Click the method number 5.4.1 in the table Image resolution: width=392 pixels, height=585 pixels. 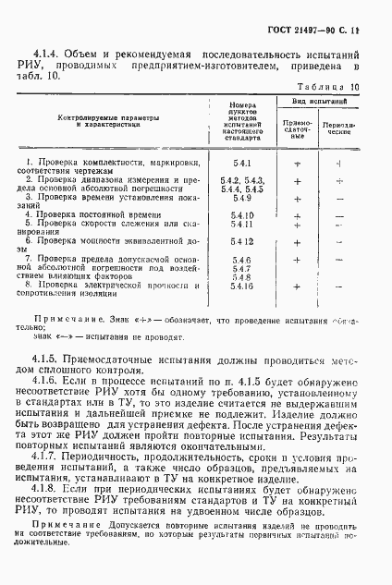(x=243, y=163)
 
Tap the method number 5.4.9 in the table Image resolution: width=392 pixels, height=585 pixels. (x=243, y=197)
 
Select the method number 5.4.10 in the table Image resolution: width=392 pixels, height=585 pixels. (x=243, y=213)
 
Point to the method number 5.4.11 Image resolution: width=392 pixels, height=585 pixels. (x=243, y=223)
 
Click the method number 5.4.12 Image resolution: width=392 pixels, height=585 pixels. (x=243, y=240)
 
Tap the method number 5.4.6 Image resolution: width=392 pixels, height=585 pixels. (x=243, y=260)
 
